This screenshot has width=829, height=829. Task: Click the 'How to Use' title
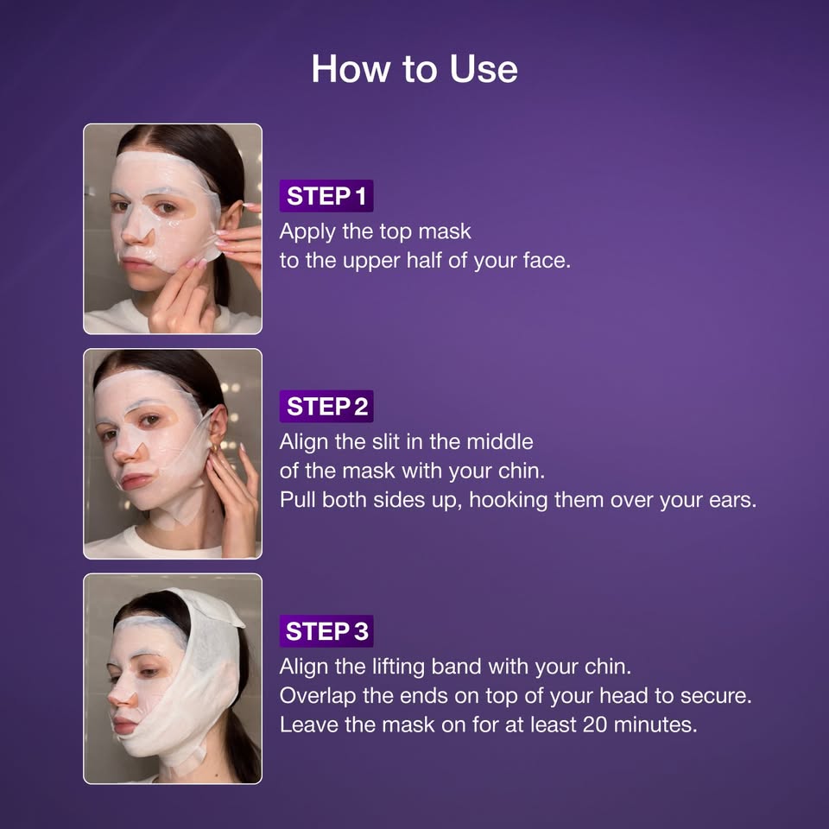414,69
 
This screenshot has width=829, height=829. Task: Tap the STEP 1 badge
326,196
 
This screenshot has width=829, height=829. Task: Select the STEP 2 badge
326,407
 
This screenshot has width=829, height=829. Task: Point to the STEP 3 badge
326,631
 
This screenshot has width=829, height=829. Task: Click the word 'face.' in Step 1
547,260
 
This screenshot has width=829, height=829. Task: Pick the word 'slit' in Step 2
396,442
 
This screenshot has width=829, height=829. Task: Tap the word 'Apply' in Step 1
304,231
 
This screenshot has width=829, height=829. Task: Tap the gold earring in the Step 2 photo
211,449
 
